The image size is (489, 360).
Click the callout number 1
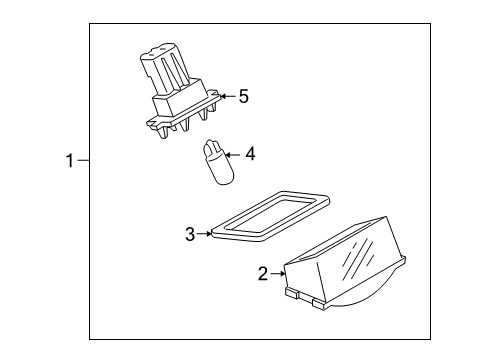[70, 161]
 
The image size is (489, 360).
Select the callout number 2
[263, 274]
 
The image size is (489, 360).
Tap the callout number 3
[190, 234]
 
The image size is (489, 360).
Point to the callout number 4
[250, 154]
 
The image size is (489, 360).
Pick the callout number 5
[244, 96]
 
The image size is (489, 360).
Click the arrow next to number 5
[228, 96]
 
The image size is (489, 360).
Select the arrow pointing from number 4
[233, 155]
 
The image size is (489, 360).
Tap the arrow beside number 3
[204, 234]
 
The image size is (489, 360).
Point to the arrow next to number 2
[278, 274]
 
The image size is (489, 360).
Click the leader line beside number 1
[83, 161]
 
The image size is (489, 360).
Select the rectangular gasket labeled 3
[271, 215]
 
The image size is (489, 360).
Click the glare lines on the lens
[358, 257]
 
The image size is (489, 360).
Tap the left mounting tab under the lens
[292, 293]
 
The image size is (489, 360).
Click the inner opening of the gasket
[271, 215]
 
